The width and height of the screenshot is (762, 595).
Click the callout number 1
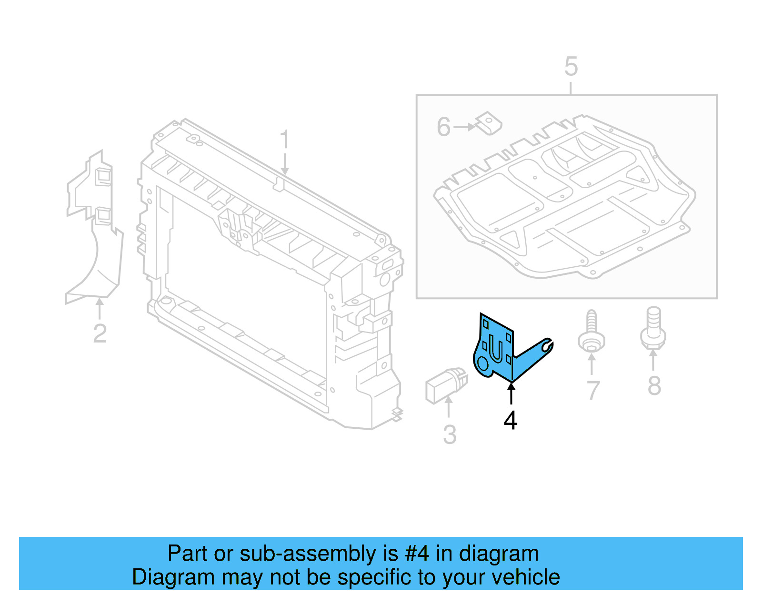(284, 140)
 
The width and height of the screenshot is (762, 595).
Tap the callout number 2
(100, 333)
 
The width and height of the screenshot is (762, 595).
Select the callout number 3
(449, 434)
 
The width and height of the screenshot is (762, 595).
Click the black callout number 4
(510, 420)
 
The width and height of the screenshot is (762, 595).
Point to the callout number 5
(571, 66)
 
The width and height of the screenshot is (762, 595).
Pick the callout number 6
(443, 127)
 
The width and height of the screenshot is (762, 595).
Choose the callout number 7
(592, 391)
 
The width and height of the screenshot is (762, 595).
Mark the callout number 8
(654, 385)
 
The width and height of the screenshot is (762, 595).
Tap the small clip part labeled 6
(489, 123)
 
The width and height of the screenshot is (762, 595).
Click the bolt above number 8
(653, 329)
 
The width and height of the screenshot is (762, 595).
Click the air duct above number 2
(95, 229)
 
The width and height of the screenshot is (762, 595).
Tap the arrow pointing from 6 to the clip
(464, 127)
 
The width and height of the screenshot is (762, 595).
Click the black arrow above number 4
(511, 393)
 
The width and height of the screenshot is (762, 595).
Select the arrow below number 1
(285, 164)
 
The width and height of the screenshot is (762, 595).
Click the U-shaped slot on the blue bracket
(495, 351)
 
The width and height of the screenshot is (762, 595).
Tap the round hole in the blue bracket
(482, 364)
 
